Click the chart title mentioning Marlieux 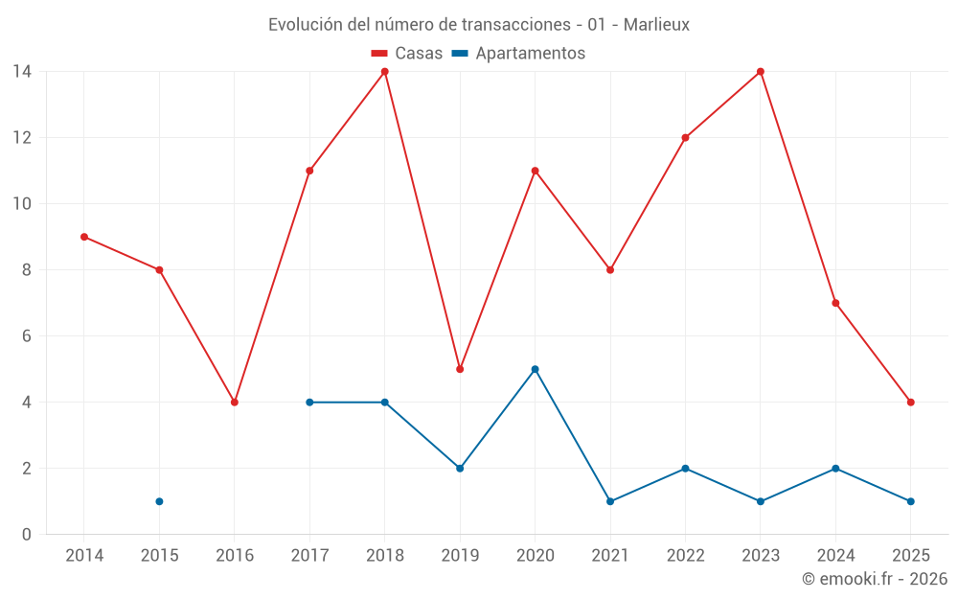(x=479, y=25)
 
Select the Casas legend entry (x=407, y=54)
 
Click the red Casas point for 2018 (x=385, y=72)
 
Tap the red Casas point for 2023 (x=761, y=72)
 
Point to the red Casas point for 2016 (x=235, y=403)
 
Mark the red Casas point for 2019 (x=460, y=369)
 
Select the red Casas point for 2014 (x=84, y=237)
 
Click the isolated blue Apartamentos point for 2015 (x=159, y=501)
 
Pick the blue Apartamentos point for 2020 (x=535, y=369)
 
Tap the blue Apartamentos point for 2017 (x=309, y=403)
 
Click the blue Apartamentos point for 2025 (x=910, y=501)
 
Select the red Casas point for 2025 (x=910, y=403)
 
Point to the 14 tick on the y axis (x=21, y=72)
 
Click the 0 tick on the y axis (x=26, y=535)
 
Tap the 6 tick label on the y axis (x=26, y=336)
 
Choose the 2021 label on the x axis (x=610, y=556)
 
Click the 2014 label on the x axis (x=84, y=556)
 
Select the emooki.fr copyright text (x=874, y=579)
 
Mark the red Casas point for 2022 (x=685, y=138)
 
